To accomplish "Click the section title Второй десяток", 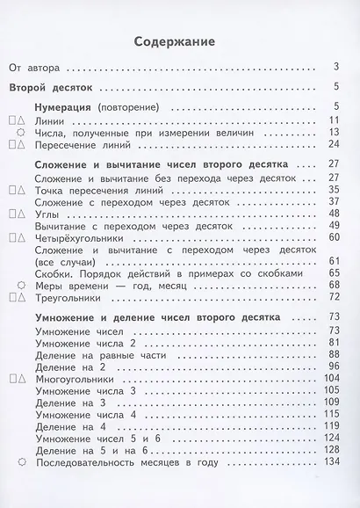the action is (x=54, y=87).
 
